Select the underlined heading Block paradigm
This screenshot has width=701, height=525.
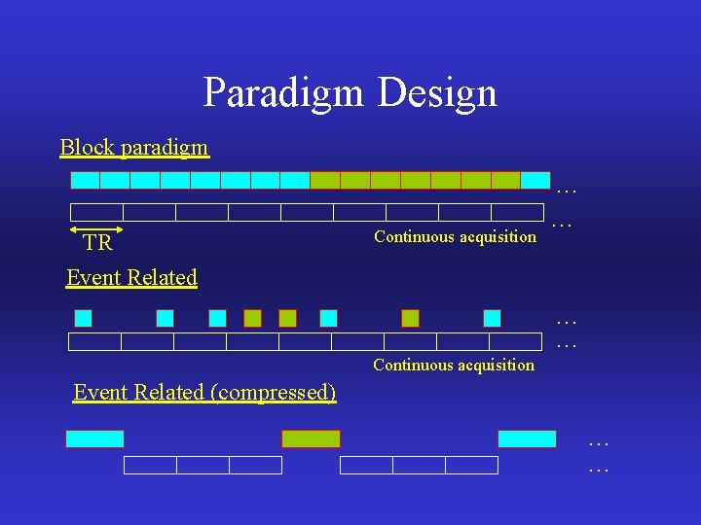coord(134,148)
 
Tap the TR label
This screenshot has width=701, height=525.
coord(97,243)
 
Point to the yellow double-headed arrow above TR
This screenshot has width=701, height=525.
coord(97,229)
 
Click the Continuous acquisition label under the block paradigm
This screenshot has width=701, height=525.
coord(455,236)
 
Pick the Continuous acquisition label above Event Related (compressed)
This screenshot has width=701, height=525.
coord(454,366)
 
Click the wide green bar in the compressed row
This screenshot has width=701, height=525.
coord(311,438)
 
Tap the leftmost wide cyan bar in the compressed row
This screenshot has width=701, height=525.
coord(94,438)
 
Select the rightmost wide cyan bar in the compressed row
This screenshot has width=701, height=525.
coord(527,438)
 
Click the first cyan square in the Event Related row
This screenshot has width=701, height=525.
coord(84,318)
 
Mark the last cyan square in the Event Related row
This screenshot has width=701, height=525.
coord(492,318)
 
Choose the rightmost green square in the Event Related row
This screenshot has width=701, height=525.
coord(410,318)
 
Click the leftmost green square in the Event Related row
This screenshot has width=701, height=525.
coord(252,318)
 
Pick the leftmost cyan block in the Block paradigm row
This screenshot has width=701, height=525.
coord(86,180)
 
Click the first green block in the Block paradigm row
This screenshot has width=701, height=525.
coord(324,180)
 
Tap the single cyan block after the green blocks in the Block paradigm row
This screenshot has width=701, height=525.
coord(535,180)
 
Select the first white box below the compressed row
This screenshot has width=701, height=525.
coord(150,466)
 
